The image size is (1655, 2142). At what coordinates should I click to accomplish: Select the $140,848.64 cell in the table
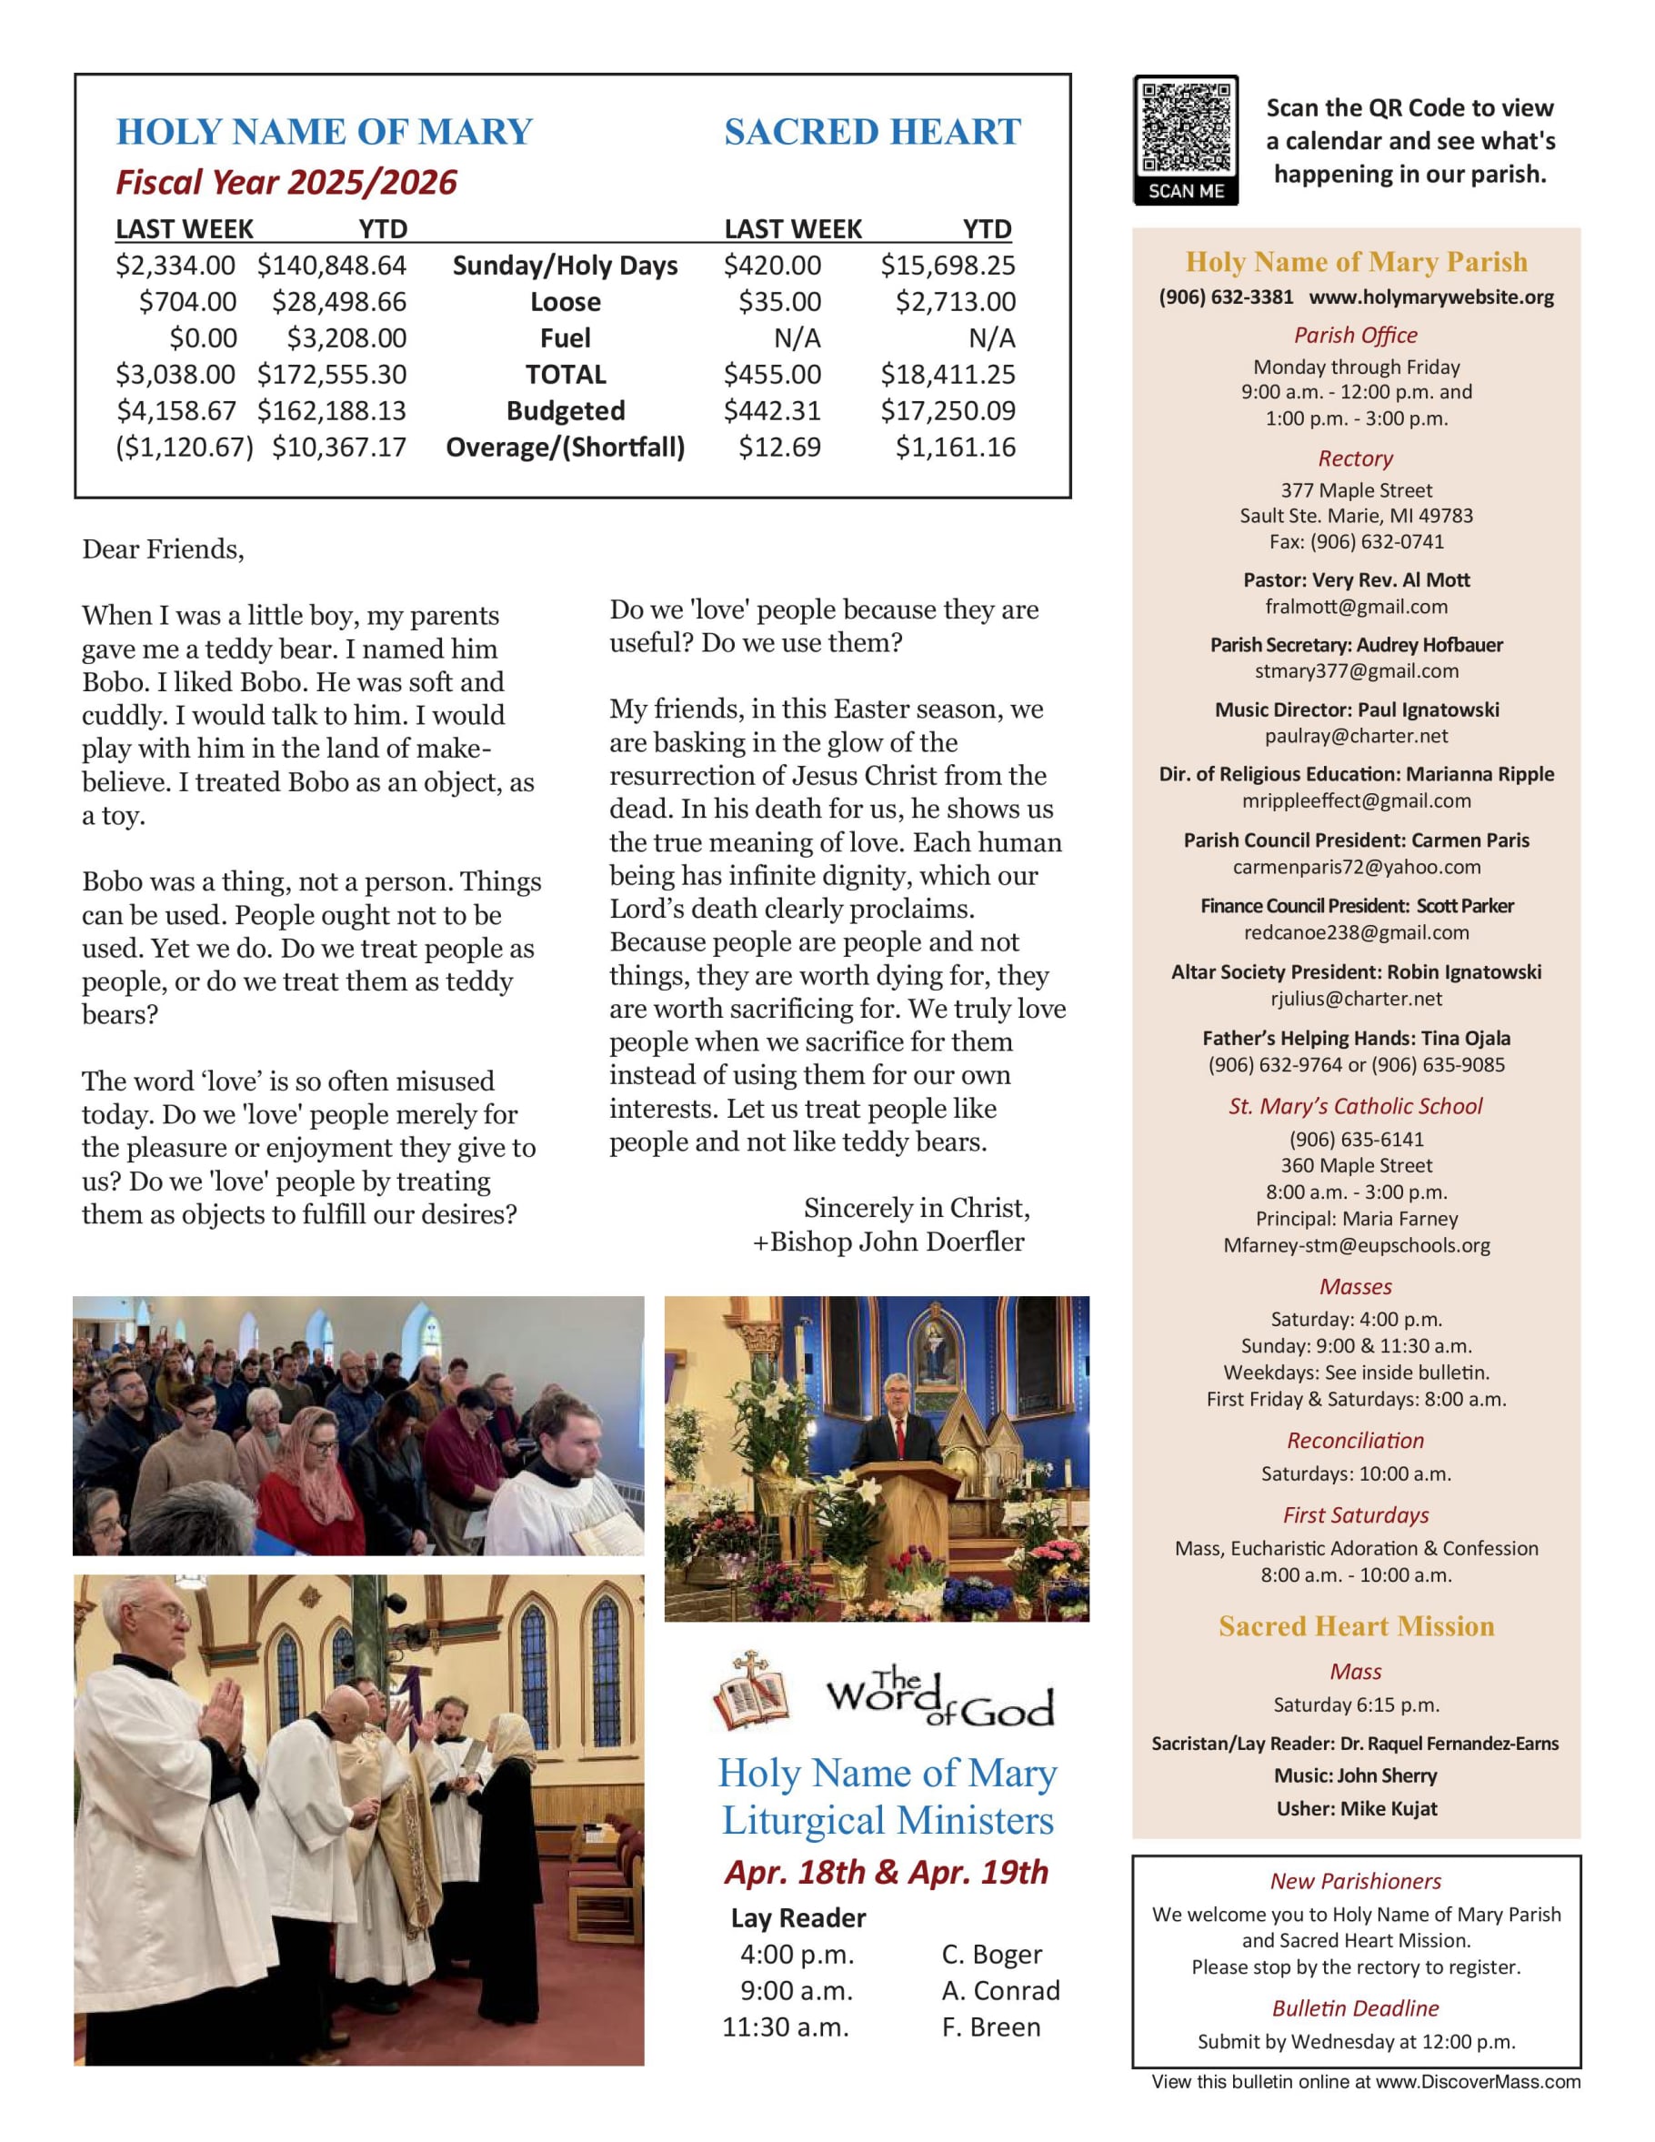[331, 266]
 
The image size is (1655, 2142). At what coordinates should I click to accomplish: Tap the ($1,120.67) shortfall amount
[185, 448]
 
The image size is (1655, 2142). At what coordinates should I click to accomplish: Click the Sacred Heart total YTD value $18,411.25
[948, 375]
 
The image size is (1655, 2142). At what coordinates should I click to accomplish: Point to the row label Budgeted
[565, 411]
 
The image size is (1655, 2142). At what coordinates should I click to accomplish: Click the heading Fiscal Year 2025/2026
[286, 183]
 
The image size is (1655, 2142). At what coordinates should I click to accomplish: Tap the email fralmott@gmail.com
[1356, 607]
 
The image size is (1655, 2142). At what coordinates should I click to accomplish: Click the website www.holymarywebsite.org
[1430, 297]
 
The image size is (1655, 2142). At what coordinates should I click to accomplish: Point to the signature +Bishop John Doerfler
[888, 1242]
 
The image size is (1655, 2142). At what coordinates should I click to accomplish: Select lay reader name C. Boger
[991, 1955]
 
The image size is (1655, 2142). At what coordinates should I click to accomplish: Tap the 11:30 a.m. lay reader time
[786, 2027]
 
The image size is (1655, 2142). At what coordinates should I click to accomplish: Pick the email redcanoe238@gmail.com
[1356, 932]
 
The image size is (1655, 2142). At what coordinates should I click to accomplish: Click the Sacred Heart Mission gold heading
[1356, 1626]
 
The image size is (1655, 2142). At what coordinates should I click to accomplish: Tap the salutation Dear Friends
[163, 549]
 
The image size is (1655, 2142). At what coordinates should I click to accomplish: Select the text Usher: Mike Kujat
[1356, 1808]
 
